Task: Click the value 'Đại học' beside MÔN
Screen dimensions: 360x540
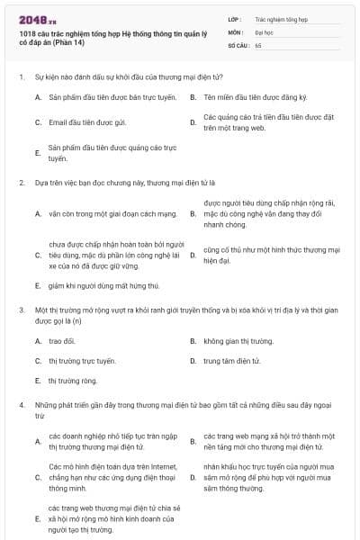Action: click(x=265, y=31)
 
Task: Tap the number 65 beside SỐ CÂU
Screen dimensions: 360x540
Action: click(x=258, y=44)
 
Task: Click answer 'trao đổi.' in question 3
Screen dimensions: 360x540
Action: click(x=62, y=341)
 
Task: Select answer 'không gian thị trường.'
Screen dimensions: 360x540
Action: click(x=238, y=341)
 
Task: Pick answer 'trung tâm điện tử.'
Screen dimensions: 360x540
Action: click(x=231, y=361)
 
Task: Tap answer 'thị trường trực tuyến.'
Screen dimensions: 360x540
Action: click(x=82, y=361)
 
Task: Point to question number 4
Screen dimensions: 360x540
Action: click(x=21, y=406)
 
